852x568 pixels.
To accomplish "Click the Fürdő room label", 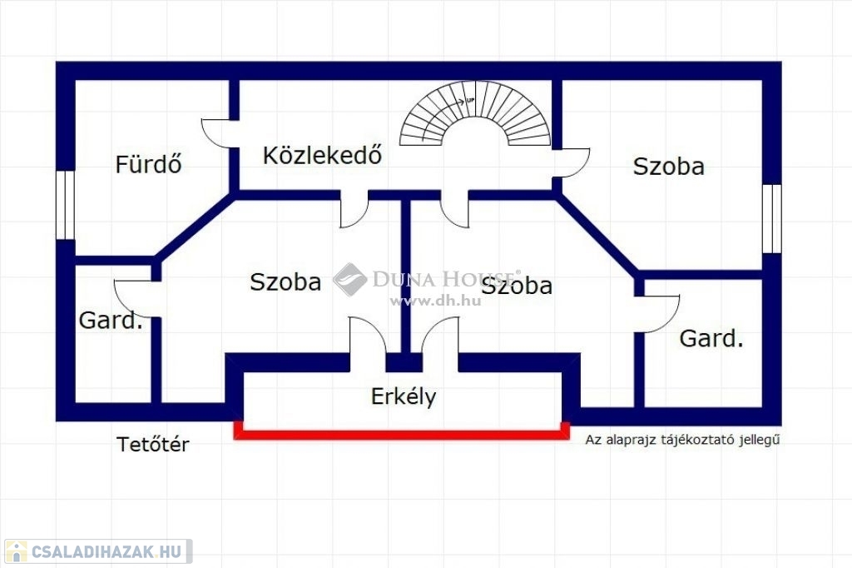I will pos(148,164).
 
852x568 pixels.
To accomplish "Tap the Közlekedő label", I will pos(323,155).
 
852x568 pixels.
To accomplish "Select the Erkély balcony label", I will pos(404,396).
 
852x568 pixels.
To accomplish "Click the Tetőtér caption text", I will pos(152,445).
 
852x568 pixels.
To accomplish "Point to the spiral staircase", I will pos(475,117).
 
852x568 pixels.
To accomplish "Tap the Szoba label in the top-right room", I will pos(668,166).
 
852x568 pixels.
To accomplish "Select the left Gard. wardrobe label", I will pos(111,320).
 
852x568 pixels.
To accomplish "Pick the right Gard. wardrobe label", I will pos(711,338).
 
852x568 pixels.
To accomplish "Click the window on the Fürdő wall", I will pos(65,205).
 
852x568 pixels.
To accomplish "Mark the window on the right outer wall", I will pos(772,218).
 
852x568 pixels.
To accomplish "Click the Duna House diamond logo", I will pos(350,279).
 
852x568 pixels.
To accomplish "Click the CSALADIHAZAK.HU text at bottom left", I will pos(106,551).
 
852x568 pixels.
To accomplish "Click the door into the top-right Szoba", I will pos(573,162).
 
